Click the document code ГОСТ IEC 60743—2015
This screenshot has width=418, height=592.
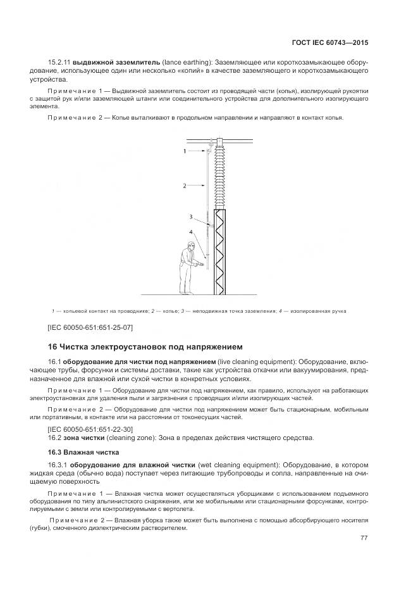(x=330, y=43)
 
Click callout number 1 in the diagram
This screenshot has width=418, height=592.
(x=185, y=152)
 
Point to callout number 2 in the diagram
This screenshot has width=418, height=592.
(x=185, y=186)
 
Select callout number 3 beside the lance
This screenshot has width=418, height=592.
(x=191, y=217)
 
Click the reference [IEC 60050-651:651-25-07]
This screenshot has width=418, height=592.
(x=90, y=327)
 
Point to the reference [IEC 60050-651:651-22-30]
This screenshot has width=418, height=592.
(x=90, y=430)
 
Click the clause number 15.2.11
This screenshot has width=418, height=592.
(x=59, y=63)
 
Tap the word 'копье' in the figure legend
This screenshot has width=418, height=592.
(x=168, y=311)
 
